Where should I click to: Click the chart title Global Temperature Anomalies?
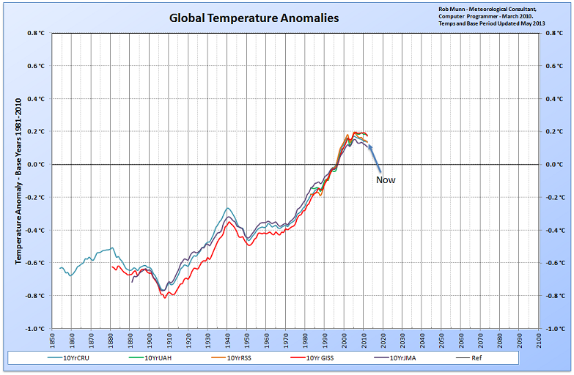pyautogui.click(x=254, y=18)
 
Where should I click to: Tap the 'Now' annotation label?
pyautogui.click(x=386, y=179)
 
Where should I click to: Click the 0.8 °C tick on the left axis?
pyautogui.click(x=35, y=34)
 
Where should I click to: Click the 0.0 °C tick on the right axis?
pyautogui.click(x=554, y=165)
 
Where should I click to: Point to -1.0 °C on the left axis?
pyautogui.click(x=34, y=329)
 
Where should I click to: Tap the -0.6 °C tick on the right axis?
pyautogui.click(x=555, y=263)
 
